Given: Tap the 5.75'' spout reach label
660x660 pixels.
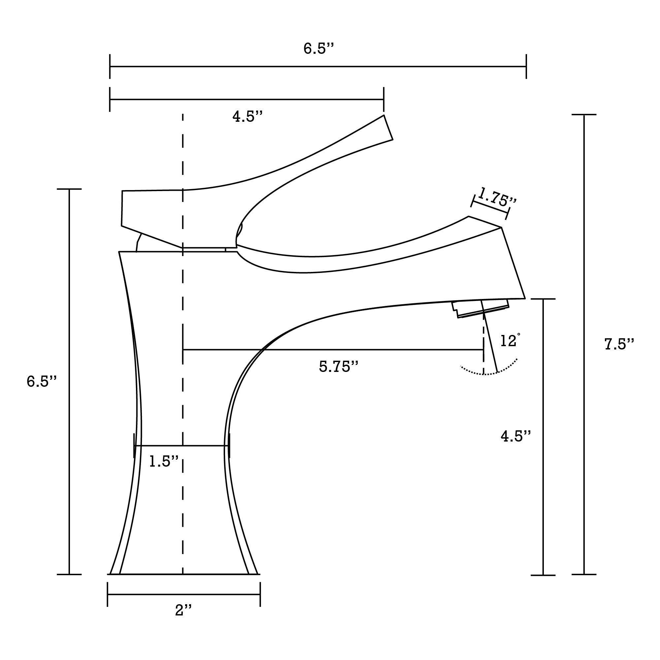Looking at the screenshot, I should pos(338,367).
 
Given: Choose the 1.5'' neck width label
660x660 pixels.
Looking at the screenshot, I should pos(164,462).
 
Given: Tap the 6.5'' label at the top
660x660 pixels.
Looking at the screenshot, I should pos(318,48).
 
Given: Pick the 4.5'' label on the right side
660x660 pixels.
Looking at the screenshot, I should pos(515,436).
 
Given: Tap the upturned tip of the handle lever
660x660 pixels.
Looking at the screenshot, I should pos(388,128).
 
